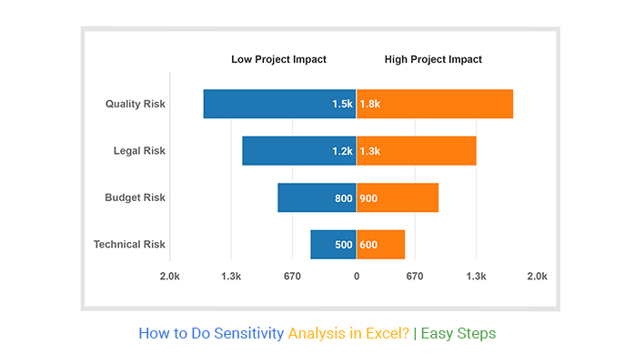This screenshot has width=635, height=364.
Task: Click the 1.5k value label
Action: (x=342, y=105)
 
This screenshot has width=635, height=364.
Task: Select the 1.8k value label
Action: (x=369, y=105)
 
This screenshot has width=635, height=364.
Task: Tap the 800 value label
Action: (x=343, y=197)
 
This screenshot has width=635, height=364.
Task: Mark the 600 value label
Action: (x=368, y=244)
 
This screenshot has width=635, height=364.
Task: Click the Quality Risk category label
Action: (x=135, y=105)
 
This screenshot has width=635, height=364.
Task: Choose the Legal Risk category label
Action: (x=139, y=151)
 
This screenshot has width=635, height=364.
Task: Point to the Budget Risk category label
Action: (x=135, y=197)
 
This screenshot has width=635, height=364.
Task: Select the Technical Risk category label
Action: (x=129, y=244)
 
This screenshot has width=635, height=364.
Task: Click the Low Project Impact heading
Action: (x=277, y=59)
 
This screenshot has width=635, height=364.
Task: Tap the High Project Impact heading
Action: (x=433, y=59)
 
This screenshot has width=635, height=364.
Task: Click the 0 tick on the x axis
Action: (x=357, y=276)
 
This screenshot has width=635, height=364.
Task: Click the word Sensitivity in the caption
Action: (x=248, y=333)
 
